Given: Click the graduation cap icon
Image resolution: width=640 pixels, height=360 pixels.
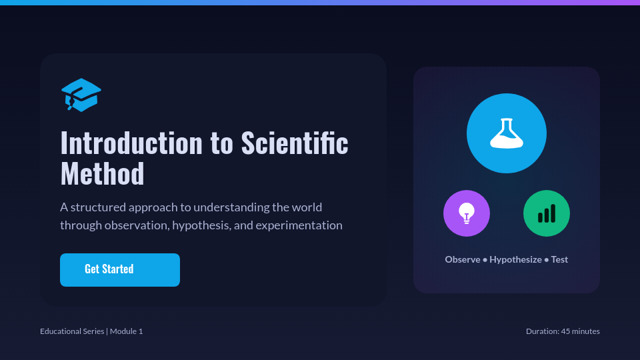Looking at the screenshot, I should point(81,95).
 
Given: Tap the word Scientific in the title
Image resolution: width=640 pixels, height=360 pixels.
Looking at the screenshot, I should point(295,143).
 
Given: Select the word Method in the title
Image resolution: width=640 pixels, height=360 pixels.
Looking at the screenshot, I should point(102,174).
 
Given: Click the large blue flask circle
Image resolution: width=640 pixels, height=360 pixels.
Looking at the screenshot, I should point(507,133).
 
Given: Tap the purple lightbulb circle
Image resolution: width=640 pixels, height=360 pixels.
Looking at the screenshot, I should point(467,213).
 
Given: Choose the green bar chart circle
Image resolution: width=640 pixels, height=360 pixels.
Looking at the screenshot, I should point(547,213).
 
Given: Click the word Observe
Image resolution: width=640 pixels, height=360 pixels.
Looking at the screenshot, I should point(463,259).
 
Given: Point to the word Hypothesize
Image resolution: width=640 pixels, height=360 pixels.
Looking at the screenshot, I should point(515,259).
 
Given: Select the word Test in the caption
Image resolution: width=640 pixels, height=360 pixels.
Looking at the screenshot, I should point(559,259).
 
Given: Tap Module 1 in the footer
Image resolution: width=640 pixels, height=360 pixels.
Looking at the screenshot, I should point(127,331).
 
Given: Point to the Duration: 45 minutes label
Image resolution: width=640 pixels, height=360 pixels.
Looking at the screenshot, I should point(563,331).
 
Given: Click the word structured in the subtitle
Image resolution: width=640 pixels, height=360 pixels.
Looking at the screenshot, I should point(98,207).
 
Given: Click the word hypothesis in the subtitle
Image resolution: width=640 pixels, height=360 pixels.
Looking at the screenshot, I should point(201,225).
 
